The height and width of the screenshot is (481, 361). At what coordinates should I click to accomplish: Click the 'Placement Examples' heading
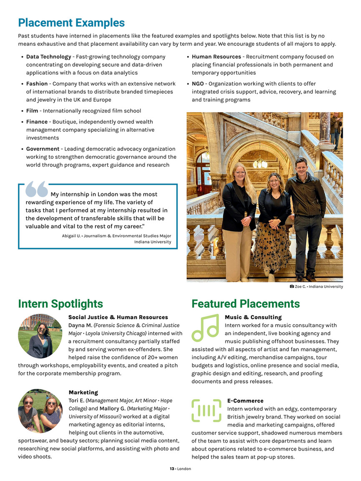pos(71,23)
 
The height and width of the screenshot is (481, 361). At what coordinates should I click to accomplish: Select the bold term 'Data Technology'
pos(48,57)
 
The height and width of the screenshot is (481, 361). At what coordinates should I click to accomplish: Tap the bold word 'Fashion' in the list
pos(37,84)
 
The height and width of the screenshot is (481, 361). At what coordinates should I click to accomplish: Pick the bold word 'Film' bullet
pos(32,111)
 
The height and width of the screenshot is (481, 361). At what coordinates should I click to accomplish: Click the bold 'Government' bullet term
pos(43,149)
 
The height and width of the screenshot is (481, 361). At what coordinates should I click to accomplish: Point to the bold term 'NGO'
pos(198,84)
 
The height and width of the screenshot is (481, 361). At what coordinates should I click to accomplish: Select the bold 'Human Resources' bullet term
pos(216,57)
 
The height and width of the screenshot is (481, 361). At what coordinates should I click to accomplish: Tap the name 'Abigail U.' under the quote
pos(70,236)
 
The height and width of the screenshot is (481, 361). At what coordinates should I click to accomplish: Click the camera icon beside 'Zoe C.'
pos(292,287)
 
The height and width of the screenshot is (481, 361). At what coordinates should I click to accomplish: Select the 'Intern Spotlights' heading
pos(60,304)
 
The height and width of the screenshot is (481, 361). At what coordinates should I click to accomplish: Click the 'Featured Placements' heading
pos(246,304)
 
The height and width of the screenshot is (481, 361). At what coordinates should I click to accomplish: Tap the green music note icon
pos(205,328)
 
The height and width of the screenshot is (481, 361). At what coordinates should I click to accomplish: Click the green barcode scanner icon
pos(206,411)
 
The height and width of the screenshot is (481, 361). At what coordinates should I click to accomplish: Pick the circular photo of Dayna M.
pos(40,336)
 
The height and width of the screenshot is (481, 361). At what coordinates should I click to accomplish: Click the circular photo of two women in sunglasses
pos(40,411)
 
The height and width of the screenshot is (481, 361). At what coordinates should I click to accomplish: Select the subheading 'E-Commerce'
pos(245,401)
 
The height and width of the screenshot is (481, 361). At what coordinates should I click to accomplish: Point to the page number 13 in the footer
pos(172,469)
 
